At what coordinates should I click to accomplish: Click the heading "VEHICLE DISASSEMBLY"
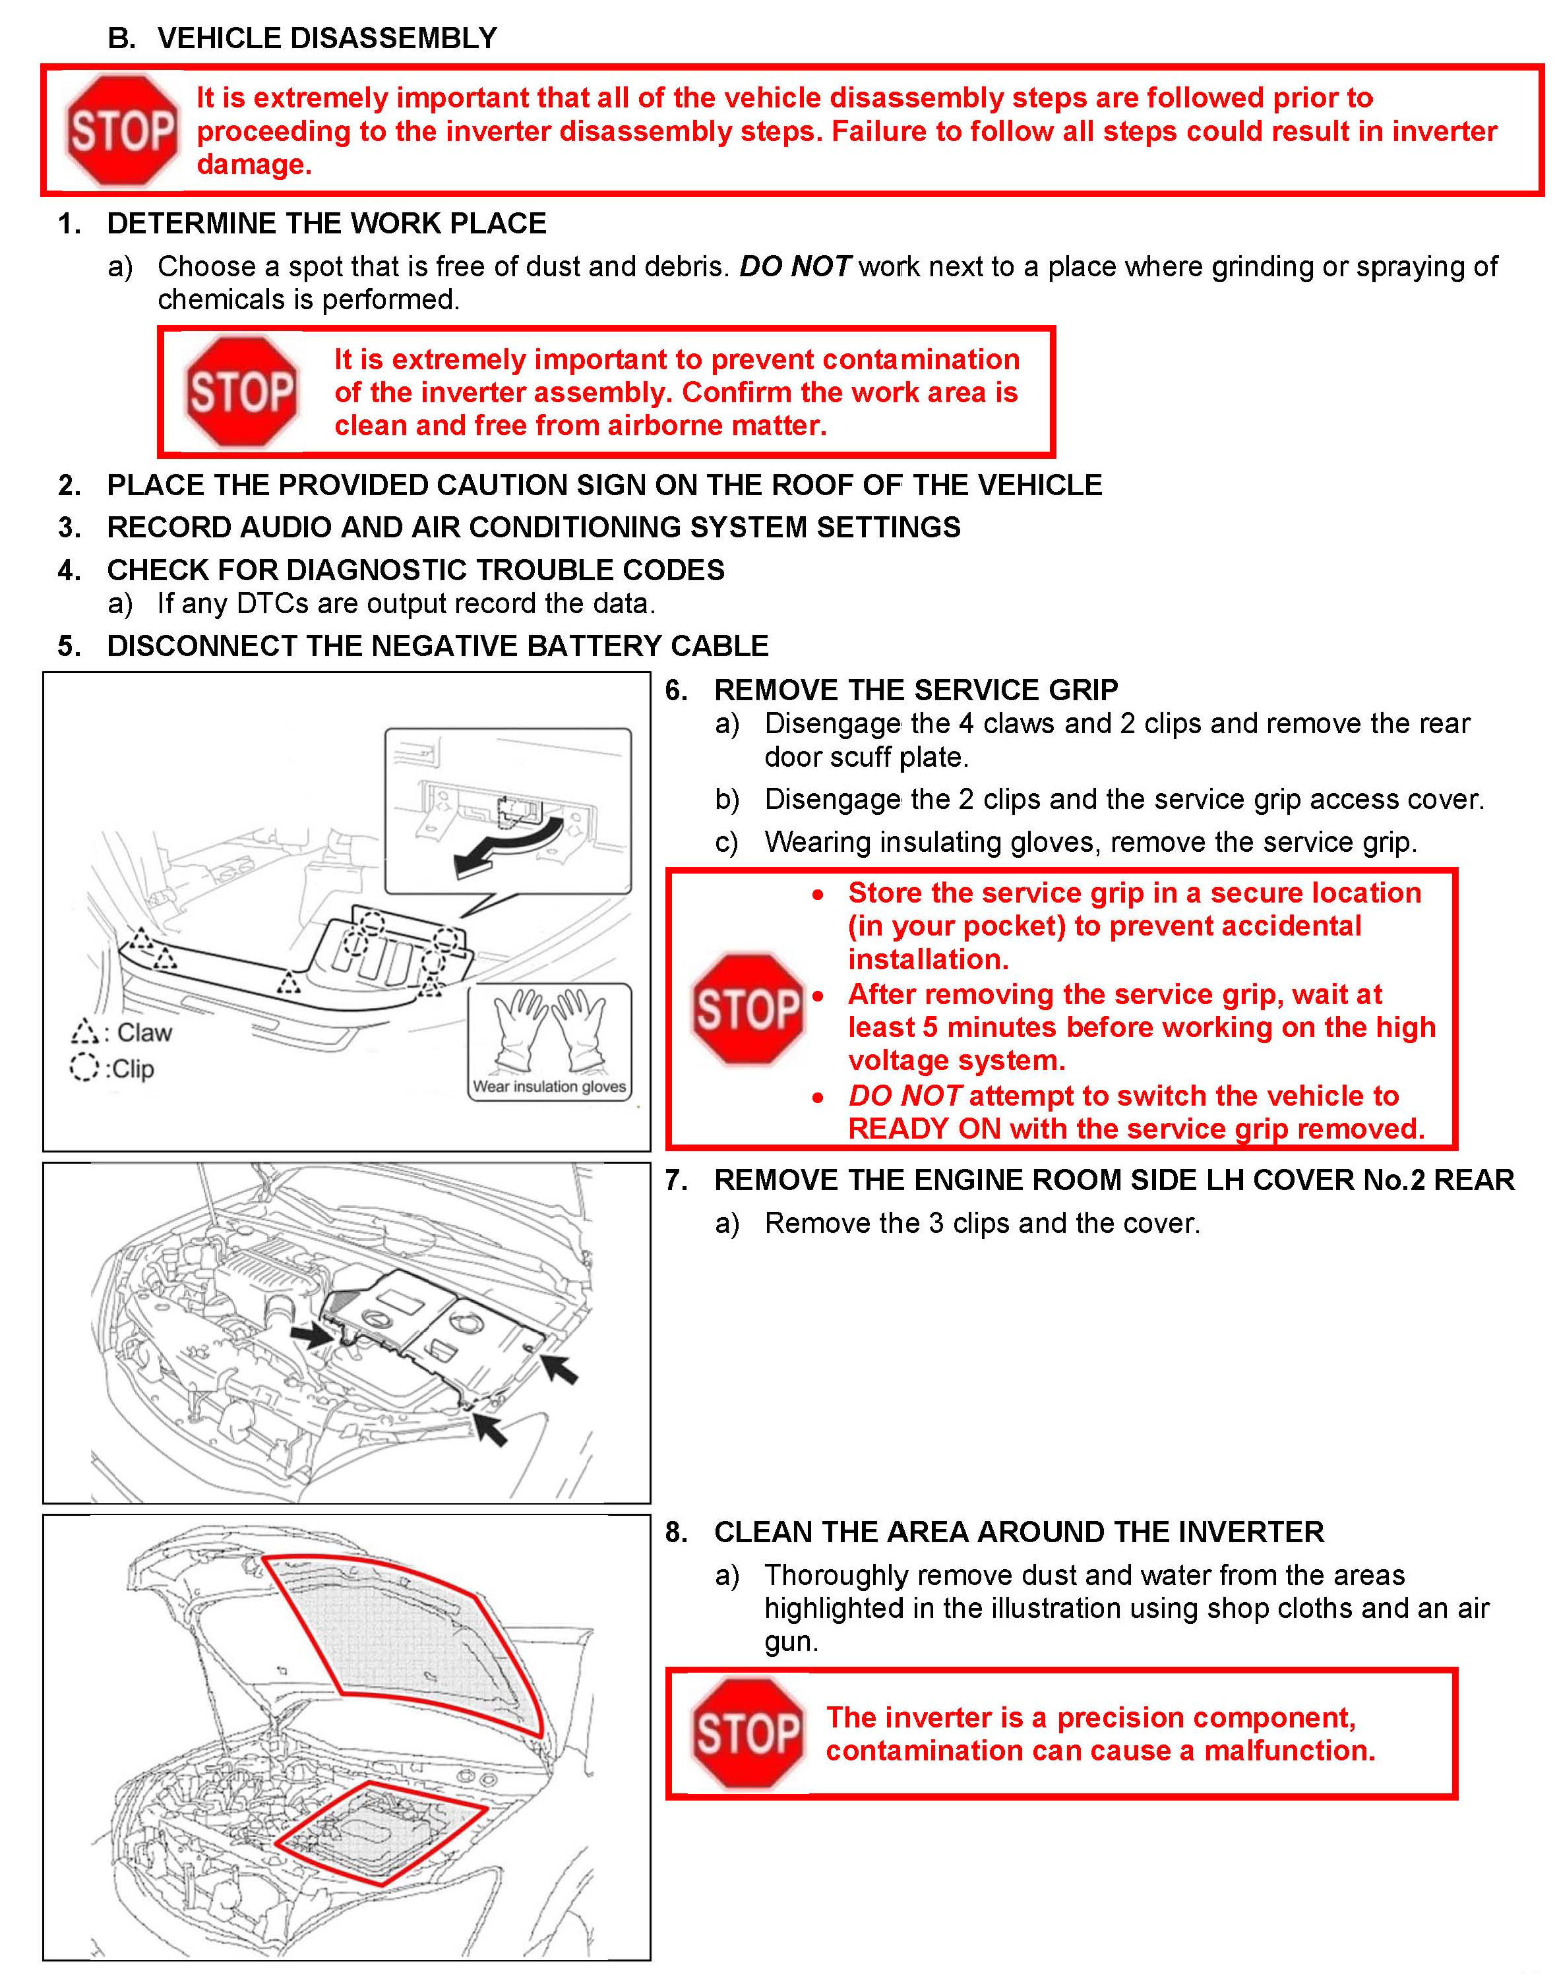point(327,38)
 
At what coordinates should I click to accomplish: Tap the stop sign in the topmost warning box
point(121,131)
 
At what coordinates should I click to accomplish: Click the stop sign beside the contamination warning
point(241,392)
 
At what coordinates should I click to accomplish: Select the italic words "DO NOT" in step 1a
point(794,267)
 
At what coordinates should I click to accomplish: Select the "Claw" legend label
point(144,1032)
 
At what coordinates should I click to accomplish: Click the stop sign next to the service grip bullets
point(748,1009)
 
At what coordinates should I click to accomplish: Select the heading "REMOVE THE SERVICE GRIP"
point(915,690)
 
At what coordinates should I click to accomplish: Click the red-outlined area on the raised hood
point(410,1640)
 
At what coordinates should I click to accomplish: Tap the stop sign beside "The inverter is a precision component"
point(748,1733)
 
